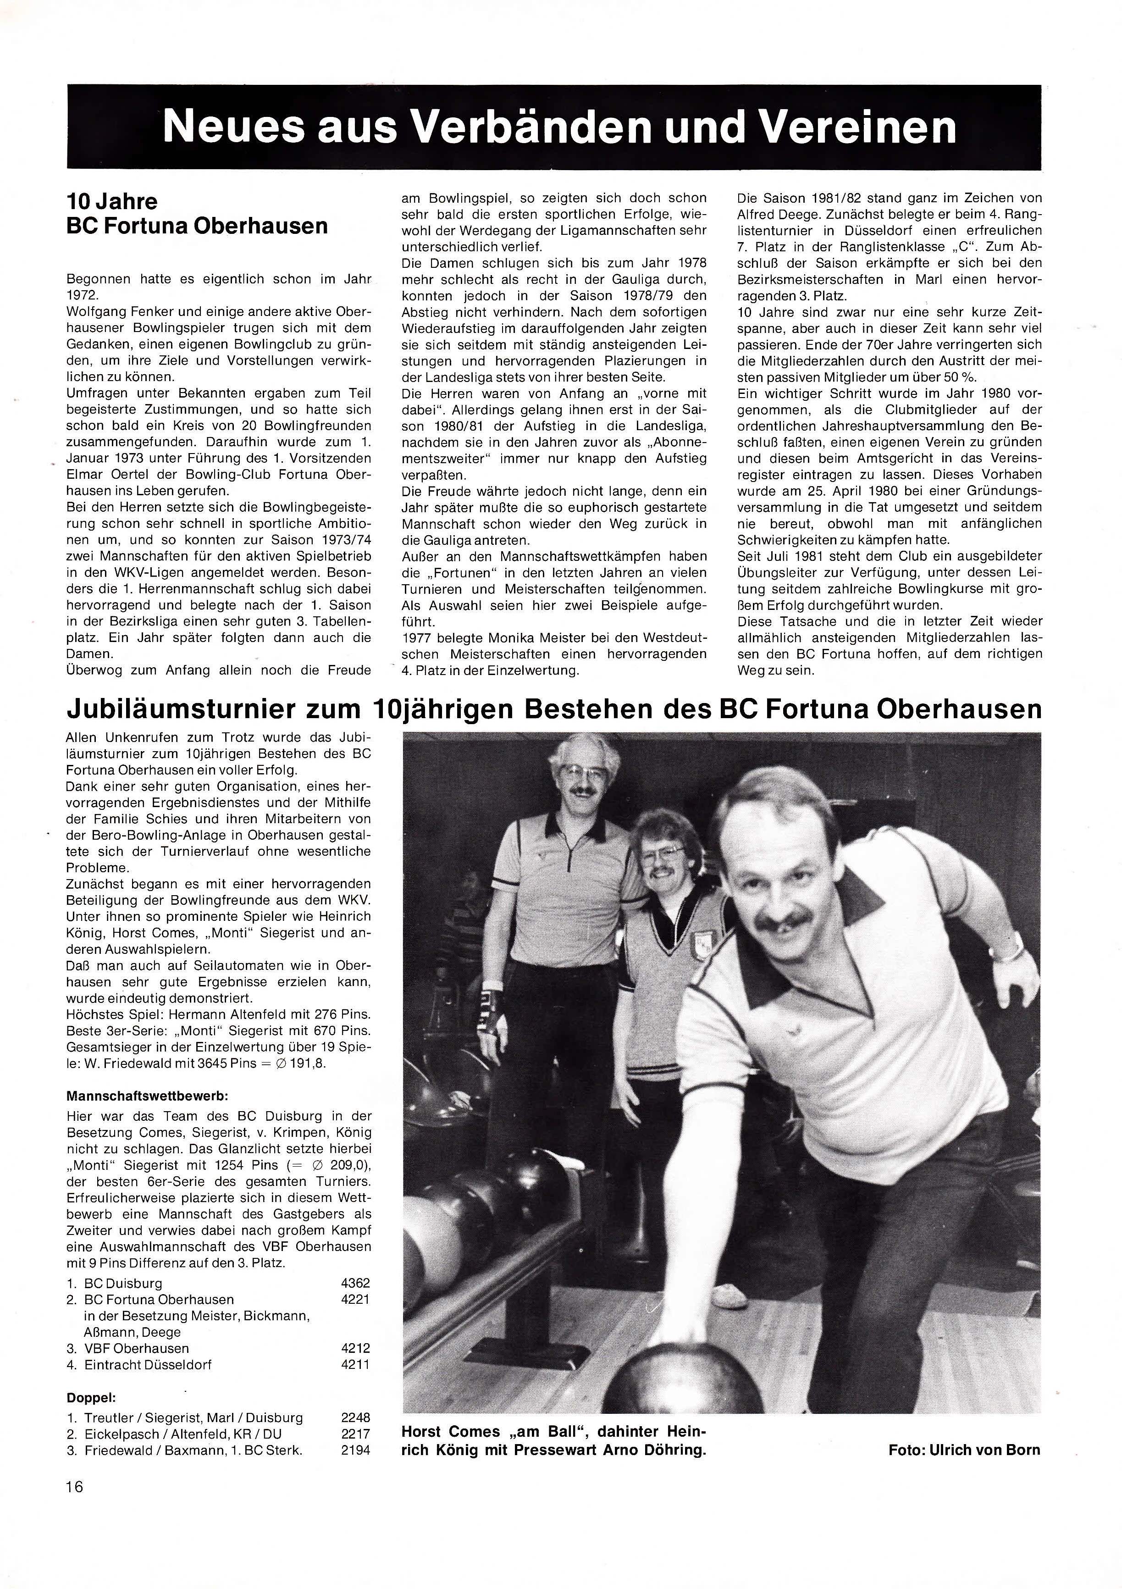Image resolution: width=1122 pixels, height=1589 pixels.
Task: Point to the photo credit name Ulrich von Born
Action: click(990, 1449)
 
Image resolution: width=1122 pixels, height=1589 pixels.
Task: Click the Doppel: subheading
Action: click(91, 1397)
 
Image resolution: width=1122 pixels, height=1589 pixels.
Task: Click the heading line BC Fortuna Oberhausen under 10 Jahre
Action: click(197, 226)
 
